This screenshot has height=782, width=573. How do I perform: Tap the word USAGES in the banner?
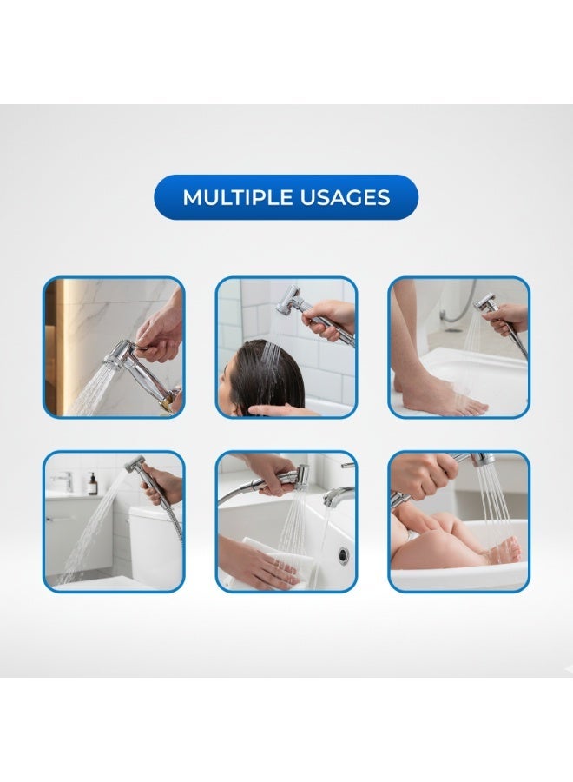point(345,197)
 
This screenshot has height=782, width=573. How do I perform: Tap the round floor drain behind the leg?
point(452,328)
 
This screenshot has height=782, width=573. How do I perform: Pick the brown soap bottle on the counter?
point(92,483)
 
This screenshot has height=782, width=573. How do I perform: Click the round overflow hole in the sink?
point(343,554)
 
